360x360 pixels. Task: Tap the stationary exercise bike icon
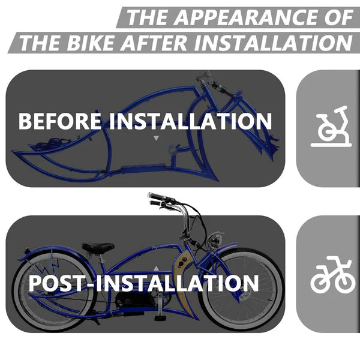(331, 127)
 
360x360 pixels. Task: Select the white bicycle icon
(331, 277)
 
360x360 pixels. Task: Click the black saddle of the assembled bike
(98, 247)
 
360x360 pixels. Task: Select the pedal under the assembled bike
(160, 316)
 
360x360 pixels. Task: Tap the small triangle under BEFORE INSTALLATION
(157, 138)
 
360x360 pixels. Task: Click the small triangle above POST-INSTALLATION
(156, 268)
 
